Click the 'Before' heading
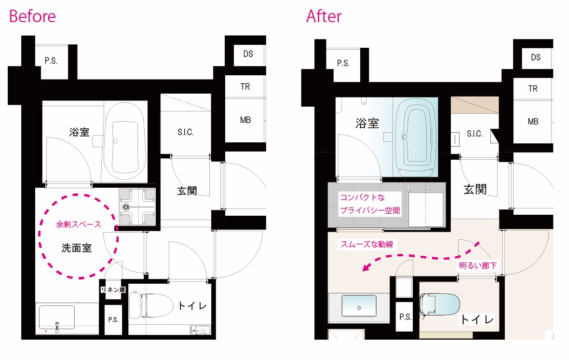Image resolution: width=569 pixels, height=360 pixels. tap(32, 16)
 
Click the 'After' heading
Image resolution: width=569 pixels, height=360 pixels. tap(324, 16)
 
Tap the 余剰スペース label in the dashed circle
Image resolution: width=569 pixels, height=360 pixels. tap(79, 224)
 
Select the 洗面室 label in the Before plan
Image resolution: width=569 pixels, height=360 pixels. tap(77, 248)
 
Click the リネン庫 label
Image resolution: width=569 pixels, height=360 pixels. tap(113, 290)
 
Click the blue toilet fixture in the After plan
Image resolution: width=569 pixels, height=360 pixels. tap(439, 305)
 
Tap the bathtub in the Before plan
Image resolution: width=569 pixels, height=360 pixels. tap(125, 142)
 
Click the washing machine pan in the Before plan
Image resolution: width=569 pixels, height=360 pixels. tap(137, 207)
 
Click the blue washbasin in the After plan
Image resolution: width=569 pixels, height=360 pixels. tap(359, 306)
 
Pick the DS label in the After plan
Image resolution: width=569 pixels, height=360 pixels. tap(536, 57)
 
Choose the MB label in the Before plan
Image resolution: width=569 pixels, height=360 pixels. tap(245, 120)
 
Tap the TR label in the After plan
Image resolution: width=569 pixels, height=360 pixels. tap(533, 89)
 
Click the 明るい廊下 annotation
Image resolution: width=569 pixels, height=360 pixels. tap(478, 265)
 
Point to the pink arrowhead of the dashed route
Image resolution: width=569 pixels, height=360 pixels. tap(367, 267)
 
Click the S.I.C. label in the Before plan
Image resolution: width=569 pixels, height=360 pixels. tap(186, 132)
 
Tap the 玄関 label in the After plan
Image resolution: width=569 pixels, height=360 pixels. tap(475, 189)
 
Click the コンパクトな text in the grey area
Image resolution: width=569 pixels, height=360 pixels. tap(362, 197)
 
